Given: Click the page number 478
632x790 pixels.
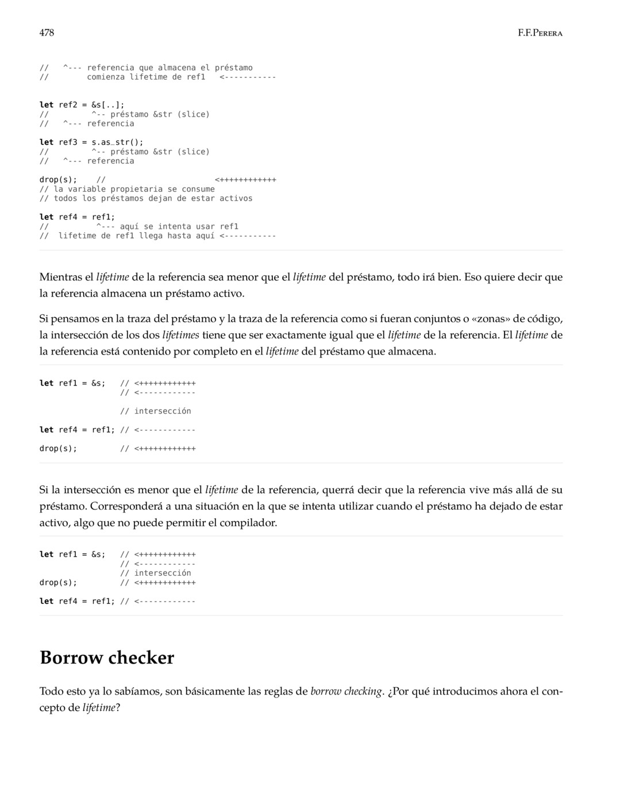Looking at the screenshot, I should (47, 33).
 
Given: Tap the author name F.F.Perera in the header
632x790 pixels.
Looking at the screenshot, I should (539, 33).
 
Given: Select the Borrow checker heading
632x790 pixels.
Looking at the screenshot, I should (107, 657).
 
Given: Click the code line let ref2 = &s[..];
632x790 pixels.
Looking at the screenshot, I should (82, 105).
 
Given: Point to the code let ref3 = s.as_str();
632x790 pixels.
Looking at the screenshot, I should (91, 142).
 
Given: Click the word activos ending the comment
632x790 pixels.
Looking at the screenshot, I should (236, 198).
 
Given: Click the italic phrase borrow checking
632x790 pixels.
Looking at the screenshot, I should (346, 691).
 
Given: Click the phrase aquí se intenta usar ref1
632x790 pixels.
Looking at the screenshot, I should (179, 226).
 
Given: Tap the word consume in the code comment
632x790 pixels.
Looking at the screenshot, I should (198, 189).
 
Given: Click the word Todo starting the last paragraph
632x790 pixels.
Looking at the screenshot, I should (51, 691).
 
